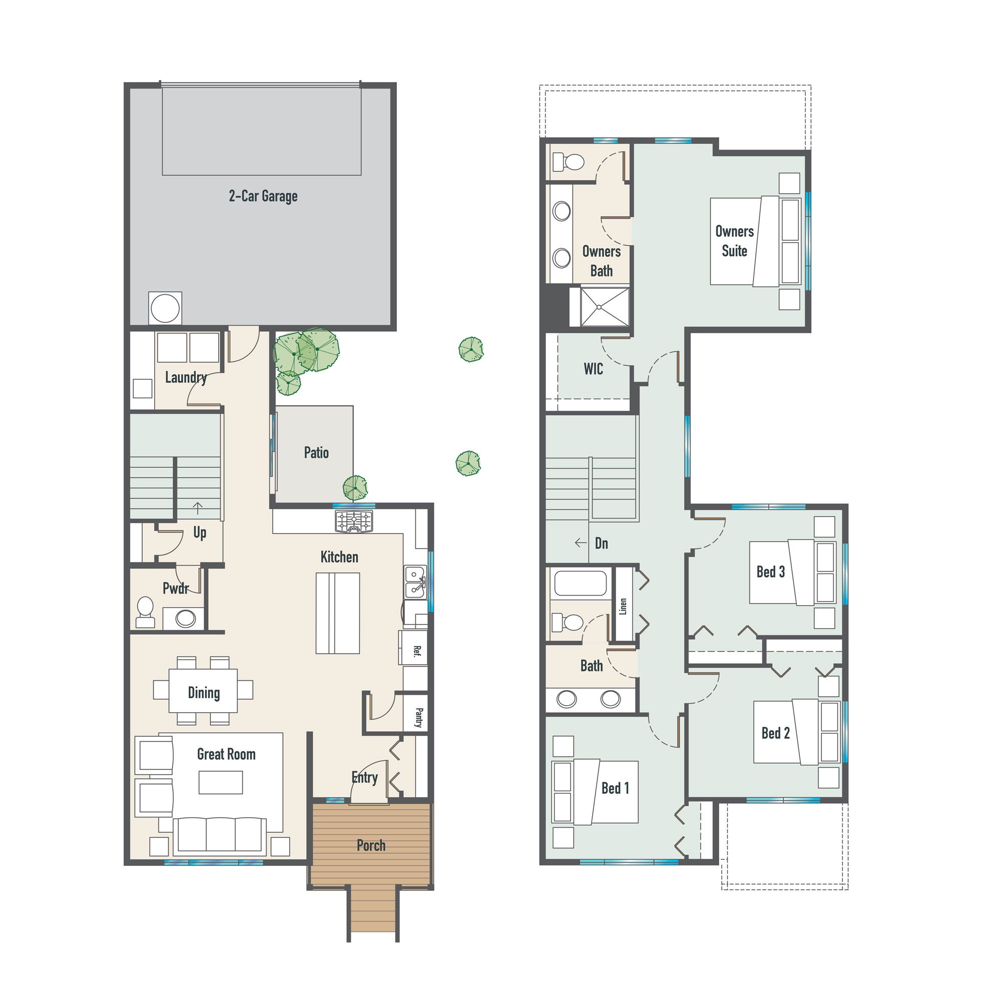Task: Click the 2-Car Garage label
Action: coord(263,196)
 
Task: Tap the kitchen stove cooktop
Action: coord(354,521)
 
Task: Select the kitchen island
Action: coord(338,613)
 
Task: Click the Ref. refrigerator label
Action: coord(416,651)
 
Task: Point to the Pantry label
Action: coord(418,718)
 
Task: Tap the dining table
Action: coord(203,691)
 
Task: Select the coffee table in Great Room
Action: coord(221,782)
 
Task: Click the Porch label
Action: coord(371,845)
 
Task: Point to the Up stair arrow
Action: coord(198,508)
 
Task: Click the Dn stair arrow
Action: coord(580,543)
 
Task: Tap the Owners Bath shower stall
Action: coord(600,307)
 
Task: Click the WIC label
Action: coord(593,369)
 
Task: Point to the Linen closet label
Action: coord(623,606)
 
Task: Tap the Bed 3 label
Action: coord(770,572)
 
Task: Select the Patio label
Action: coord(316,453)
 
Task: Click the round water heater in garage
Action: coord(165,308)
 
